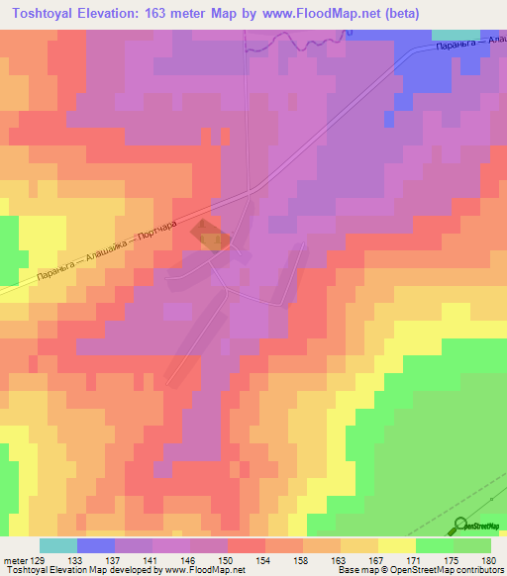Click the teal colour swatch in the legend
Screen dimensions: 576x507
point(58,545)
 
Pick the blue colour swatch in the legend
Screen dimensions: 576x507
point(96,545)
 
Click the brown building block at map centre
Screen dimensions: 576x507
point(213,238)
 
